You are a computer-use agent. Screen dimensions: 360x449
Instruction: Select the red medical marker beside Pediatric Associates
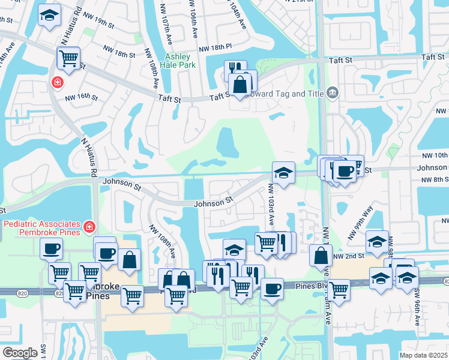pos(89,227)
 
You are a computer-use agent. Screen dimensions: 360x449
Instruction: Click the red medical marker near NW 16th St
pos(58,82)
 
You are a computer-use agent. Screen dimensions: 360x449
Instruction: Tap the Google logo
pos(19,352)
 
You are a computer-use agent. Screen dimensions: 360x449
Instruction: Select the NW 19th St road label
pos(99,23)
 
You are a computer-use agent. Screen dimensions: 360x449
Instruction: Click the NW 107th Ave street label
pos(164,17)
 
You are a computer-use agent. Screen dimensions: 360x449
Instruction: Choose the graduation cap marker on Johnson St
pos(283,172)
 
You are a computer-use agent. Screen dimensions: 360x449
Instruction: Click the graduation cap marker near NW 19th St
pos(49,16)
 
